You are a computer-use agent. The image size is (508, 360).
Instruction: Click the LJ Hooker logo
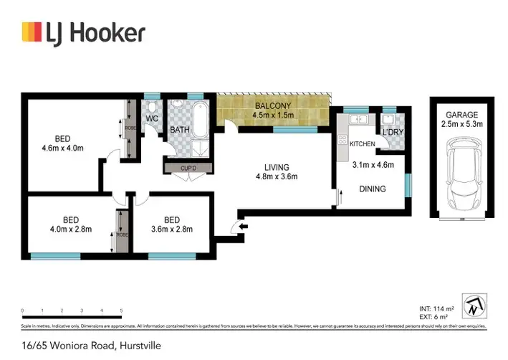click(x=84, y=32)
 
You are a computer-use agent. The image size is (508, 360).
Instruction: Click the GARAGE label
click(x=461, y=115)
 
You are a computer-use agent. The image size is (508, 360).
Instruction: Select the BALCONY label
click(x=272, y=107)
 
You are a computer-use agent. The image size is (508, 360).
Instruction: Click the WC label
click(x=152, y=119)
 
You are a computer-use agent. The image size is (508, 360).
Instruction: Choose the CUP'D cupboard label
click(x=188, y=169)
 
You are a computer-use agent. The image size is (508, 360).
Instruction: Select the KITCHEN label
click(x=363, y=145)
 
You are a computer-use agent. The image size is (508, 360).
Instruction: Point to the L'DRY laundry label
click(x=392, y=134)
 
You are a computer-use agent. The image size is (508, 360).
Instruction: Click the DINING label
click(x=373, y=189)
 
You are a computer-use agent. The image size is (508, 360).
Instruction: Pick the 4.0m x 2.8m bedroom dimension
click(x=70, y=229)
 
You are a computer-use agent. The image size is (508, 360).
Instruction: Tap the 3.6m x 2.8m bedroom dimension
click(x=171, y=229)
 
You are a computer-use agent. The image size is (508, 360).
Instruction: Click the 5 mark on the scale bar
click(x=122, y=311)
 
